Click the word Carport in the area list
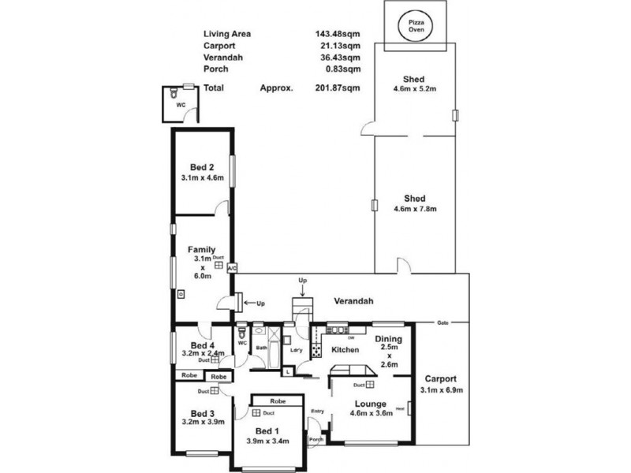[220, 45]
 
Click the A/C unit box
[232, 269]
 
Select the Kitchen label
[345, 350]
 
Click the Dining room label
[388, 339]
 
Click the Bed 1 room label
[268, 430]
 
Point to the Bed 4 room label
[203, 345]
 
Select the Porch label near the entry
[315, 439]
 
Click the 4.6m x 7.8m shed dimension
[414, 209]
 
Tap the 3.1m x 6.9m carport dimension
[442, 390]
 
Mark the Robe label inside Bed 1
[277, 400]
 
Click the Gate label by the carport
[443, 322]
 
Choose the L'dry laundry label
[297, 349]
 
